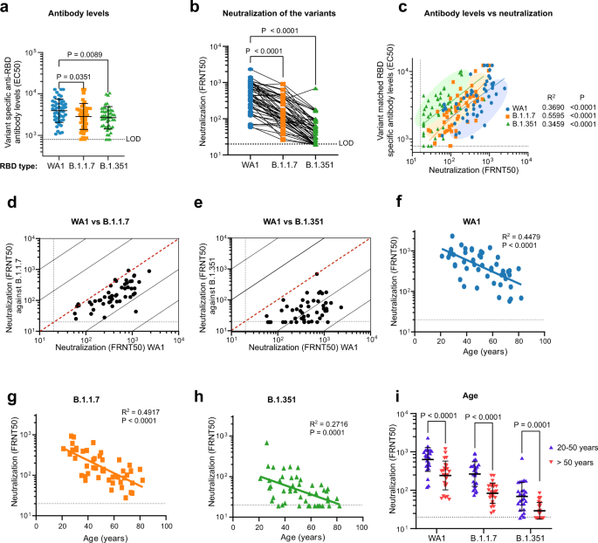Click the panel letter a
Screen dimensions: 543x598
(6, 8)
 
